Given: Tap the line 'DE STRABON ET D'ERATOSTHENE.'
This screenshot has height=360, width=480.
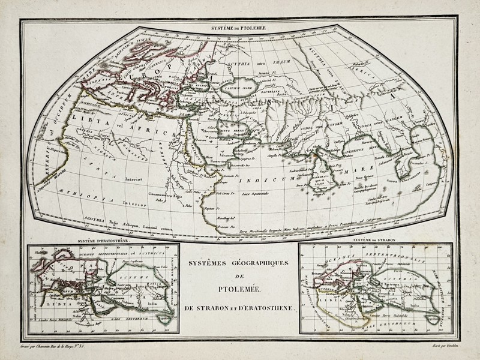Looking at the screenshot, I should click(239, 308).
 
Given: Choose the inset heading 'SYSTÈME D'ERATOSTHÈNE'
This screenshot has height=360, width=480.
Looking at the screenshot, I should click(100, 241).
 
